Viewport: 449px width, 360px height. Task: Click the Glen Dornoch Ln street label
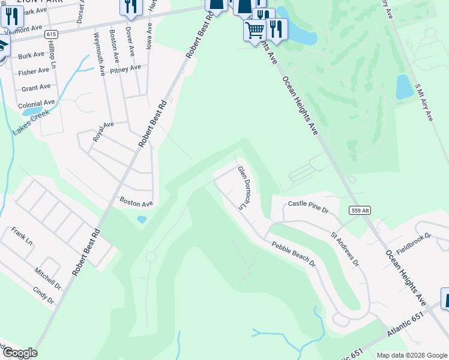click(243, 188)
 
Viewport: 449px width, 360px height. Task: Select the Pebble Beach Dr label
click(294, 253)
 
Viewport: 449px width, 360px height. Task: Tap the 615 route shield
click(51, 35)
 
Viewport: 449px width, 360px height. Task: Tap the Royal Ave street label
click(103, 132)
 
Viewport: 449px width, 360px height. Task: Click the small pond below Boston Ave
click(142, 220)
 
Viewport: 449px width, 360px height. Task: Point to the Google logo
click(19, 353)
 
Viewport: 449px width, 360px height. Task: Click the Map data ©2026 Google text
click(411, 355)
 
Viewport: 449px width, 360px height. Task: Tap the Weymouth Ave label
click(99, 53)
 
